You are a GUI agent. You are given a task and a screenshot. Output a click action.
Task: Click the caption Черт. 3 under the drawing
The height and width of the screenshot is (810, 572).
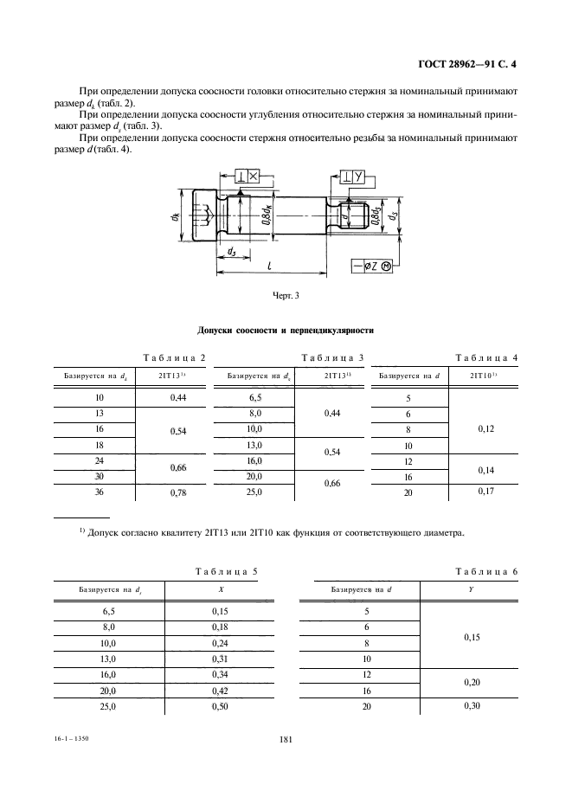[285, 297]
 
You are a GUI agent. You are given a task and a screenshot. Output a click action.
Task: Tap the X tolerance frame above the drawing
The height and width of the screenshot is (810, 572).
[247, 176]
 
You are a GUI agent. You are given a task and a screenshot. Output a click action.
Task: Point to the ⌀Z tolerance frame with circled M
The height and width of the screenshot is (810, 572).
[374, 266]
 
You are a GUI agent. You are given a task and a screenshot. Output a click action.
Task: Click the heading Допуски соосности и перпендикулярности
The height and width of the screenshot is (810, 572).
[286, 331]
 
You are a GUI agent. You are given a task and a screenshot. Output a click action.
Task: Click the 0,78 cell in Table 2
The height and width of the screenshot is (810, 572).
[179, 492]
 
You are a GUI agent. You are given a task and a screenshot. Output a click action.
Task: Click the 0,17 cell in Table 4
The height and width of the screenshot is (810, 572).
[485, 492]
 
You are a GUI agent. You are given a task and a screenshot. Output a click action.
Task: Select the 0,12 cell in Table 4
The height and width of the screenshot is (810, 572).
[485, 428]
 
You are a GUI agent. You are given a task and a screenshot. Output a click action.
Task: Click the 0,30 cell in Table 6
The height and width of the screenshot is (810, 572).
[472, 707]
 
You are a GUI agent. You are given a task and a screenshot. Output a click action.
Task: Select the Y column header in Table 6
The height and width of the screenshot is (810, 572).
[472, 589]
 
